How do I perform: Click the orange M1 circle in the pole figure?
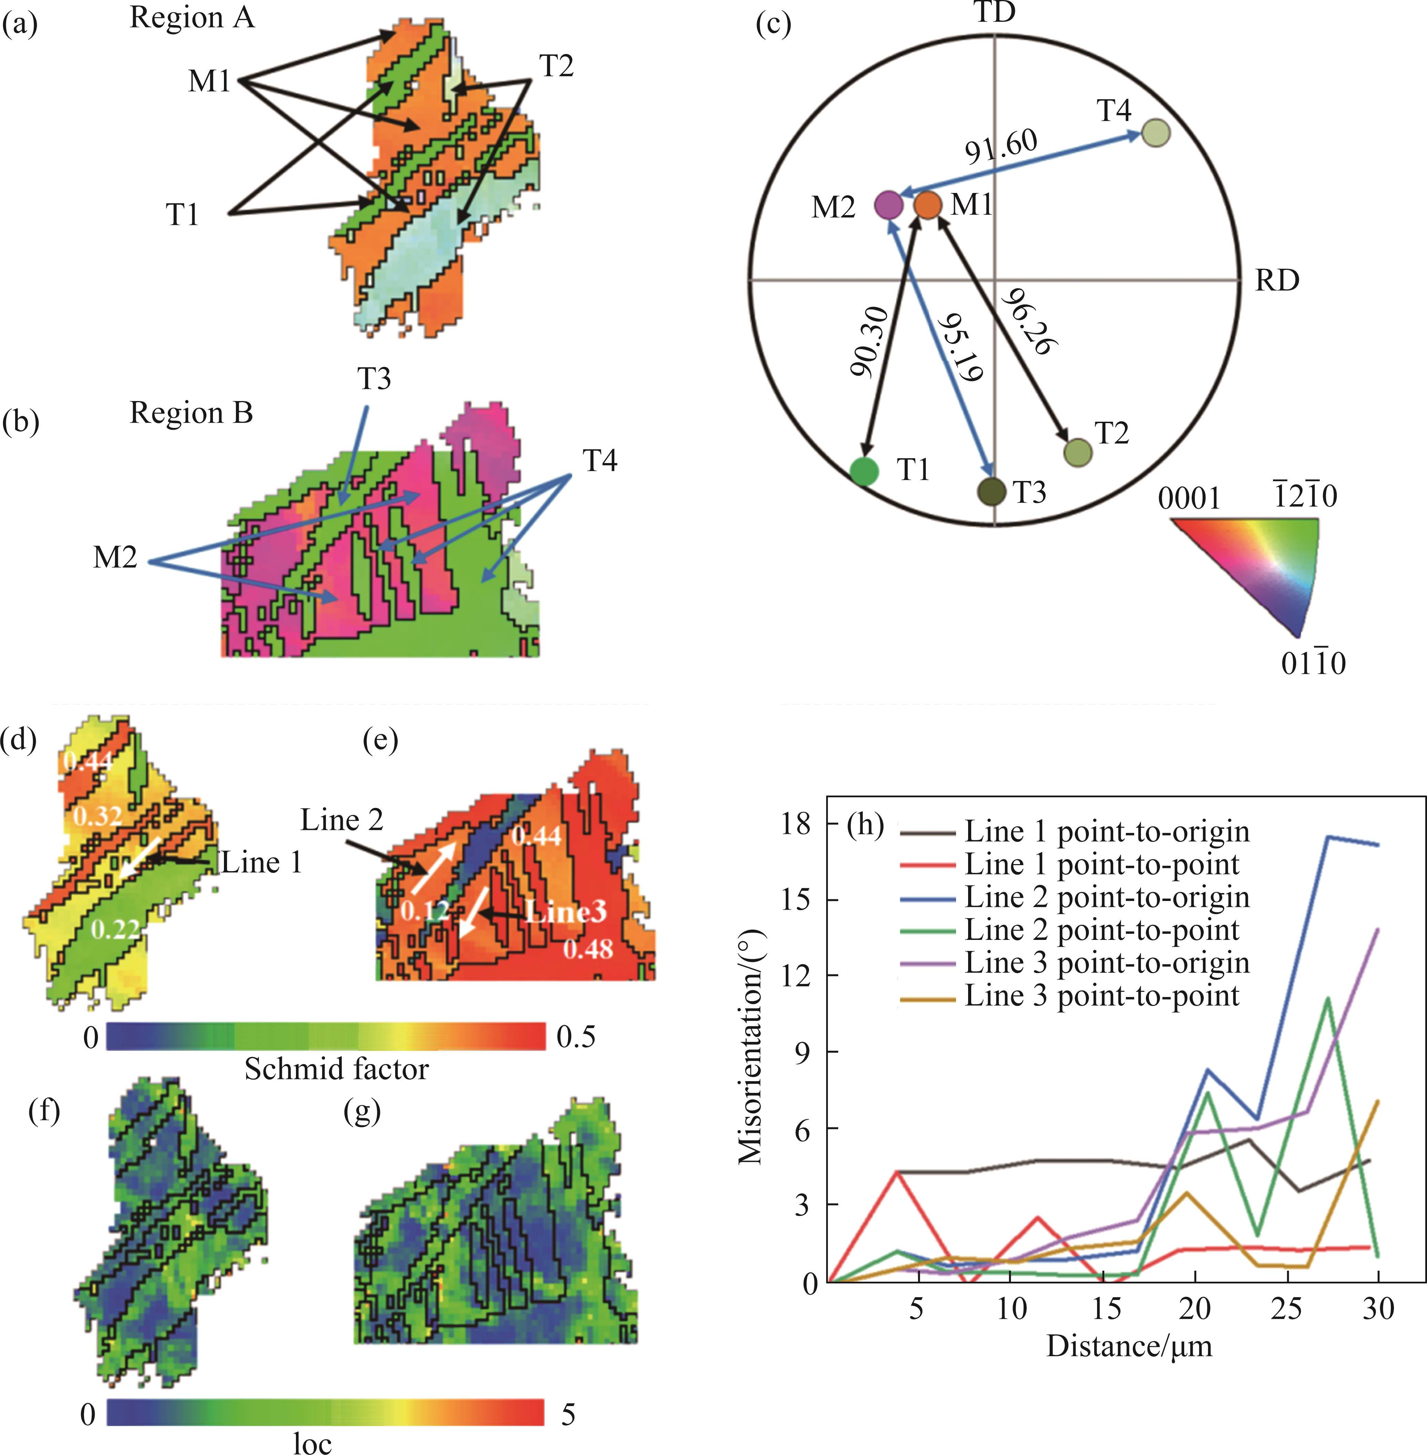coord(928,205)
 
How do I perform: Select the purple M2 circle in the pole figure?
coord(888,205)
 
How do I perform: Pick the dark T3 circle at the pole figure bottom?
coord(992,492)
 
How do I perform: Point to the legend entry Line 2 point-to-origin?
coord(1107,897)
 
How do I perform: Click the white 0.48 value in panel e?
coord(588,950)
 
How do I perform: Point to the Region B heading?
coord(191,413)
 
